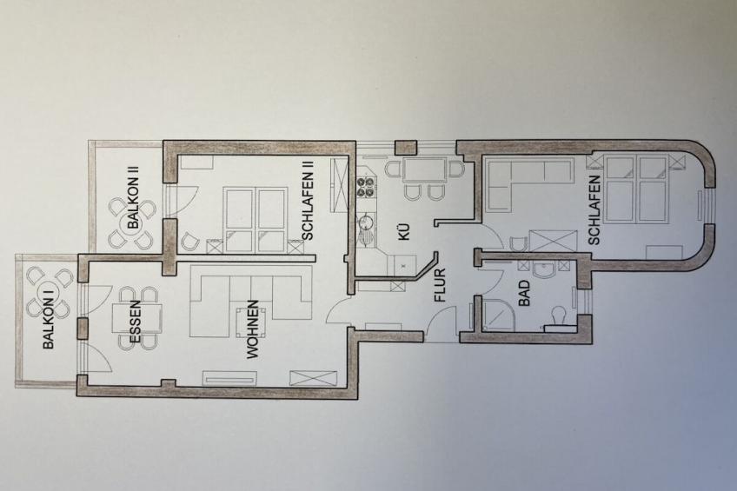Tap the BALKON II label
[x=134, y=196]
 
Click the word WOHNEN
[x=252, y=330]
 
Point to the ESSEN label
[x=136, y=322]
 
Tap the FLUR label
[x=440, y=285]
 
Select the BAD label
[x=524, y=294]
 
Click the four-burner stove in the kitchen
[x=365, y=187]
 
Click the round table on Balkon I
[x=49, y=293]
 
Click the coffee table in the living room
[x=251, y=322]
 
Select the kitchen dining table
[x=424, y=169]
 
